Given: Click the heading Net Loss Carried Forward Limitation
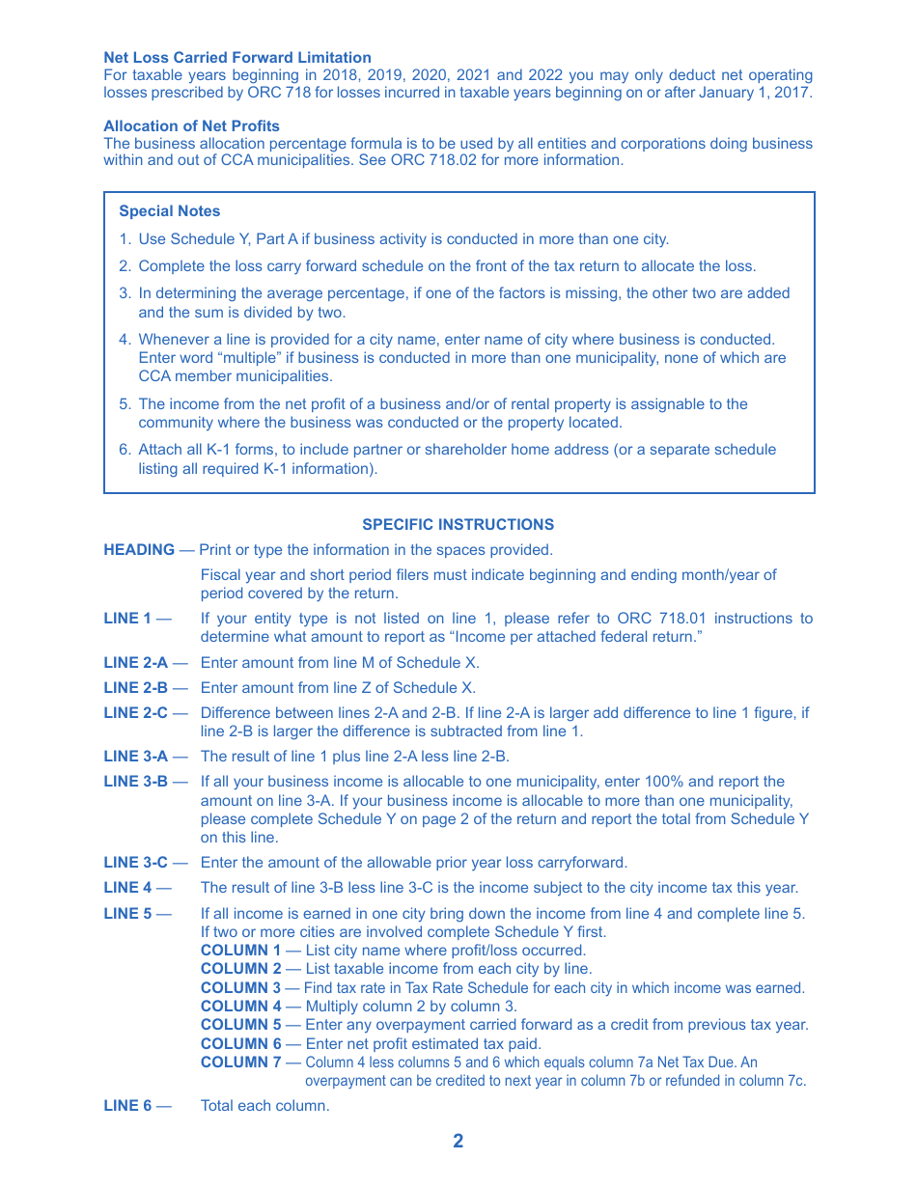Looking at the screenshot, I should tap(237, 58).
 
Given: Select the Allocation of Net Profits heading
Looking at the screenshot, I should tap(191, 125).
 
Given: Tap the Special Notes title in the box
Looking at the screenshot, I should tap(169, 211).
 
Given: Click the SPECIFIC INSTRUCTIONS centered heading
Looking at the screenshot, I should tap(458, 525).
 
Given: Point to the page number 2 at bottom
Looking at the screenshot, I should tap(458, 1141).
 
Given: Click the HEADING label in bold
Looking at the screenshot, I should tap(139, 550).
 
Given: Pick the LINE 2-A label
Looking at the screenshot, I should tap(135, 663).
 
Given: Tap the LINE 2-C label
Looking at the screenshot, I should tap(135, 713).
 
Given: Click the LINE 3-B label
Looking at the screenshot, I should tap(135, 782).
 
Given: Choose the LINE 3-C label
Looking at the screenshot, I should tap(135, 863).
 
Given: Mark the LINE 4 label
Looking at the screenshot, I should tap(127, 888).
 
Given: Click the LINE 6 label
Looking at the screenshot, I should tap(127, 1106).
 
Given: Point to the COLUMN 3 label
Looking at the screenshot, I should tap(241, 988).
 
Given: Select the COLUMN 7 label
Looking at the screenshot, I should tap(241, 1063).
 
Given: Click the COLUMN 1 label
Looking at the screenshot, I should tap(241, 951).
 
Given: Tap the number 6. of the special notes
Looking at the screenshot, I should tap(125, 450).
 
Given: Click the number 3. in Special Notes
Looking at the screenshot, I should tap(125, 293).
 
